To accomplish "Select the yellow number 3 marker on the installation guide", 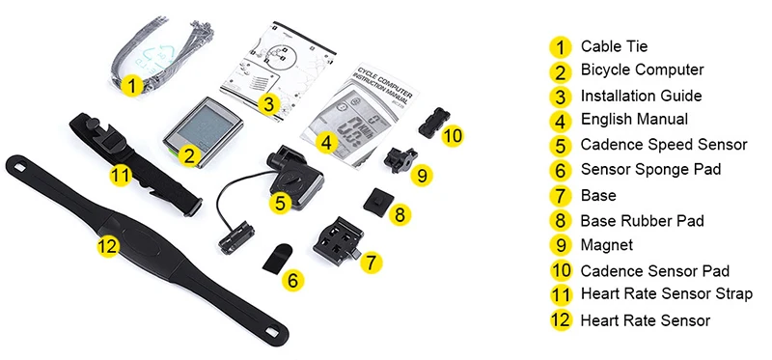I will tap(270, 103).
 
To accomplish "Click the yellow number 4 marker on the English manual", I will tap(327, 143).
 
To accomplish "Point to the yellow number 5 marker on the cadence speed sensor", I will tap(280, 203).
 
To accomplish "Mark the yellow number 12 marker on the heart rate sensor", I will tap(108, 246).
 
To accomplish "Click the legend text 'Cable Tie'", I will tap(614, 45).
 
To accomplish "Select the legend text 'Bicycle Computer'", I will tap(642, 70).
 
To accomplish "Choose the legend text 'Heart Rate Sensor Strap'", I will tap(666, 294).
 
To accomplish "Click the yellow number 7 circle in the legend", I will tap(560, 196).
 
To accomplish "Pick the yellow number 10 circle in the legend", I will tap(560, 271).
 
